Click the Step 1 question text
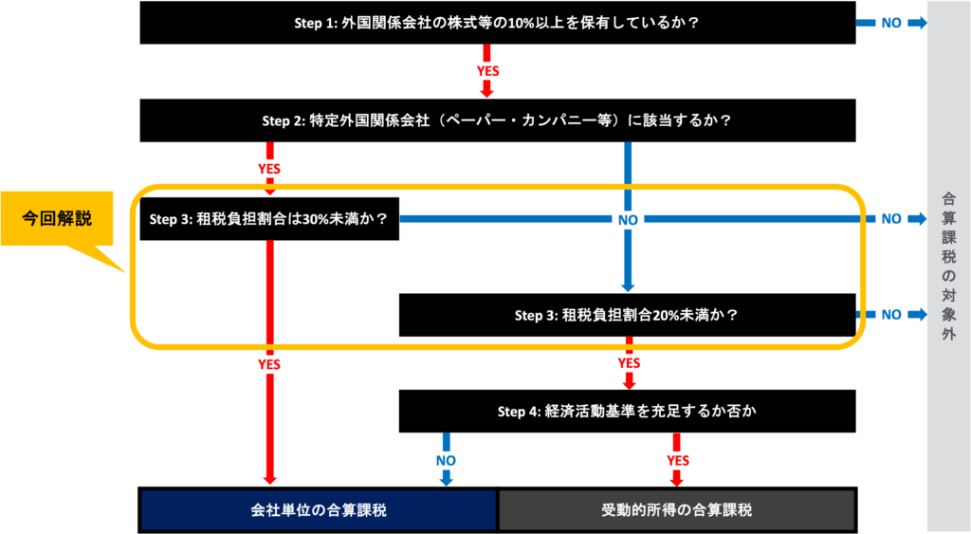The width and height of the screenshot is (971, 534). point(497,23)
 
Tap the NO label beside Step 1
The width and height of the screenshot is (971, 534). point(891,23)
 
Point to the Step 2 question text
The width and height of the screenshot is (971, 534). point(497,121)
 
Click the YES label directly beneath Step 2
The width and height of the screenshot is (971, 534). point(269,169)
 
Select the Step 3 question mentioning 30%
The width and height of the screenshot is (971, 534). point(268,219)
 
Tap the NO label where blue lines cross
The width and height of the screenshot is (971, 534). point(628,219)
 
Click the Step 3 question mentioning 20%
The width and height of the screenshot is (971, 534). point(626,315)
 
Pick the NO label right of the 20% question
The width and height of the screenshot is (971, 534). point(891,314)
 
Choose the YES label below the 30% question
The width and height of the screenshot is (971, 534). point(269,363)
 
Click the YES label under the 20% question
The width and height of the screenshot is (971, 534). point(628,363)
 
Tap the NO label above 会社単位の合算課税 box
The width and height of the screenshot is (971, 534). point(446,461)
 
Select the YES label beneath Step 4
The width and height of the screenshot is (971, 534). point(677,461)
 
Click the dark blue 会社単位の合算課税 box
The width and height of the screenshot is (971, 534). point(319,510)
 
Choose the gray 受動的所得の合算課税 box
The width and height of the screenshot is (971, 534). point(676,510)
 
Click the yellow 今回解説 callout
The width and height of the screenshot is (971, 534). point(58,219)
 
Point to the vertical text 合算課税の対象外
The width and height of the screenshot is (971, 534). point(948,266)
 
